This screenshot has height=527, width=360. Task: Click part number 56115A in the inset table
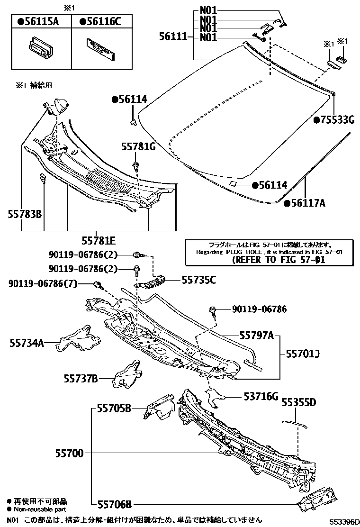click(x=41, y=21)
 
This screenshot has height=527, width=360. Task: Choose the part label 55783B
click(x=25, y=214)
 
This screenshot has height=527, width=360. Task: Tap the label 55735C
click(x=198, y=280)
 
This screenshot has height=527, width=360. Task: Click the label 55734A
click(x=27, y=342)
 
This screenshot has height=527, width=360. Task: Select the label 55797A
click(x=256, y=336)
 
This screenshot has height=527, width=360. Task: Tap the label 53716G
click(x=260, y=396)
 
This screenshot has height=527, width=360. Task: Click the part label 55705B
click(x=114, y=408)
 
